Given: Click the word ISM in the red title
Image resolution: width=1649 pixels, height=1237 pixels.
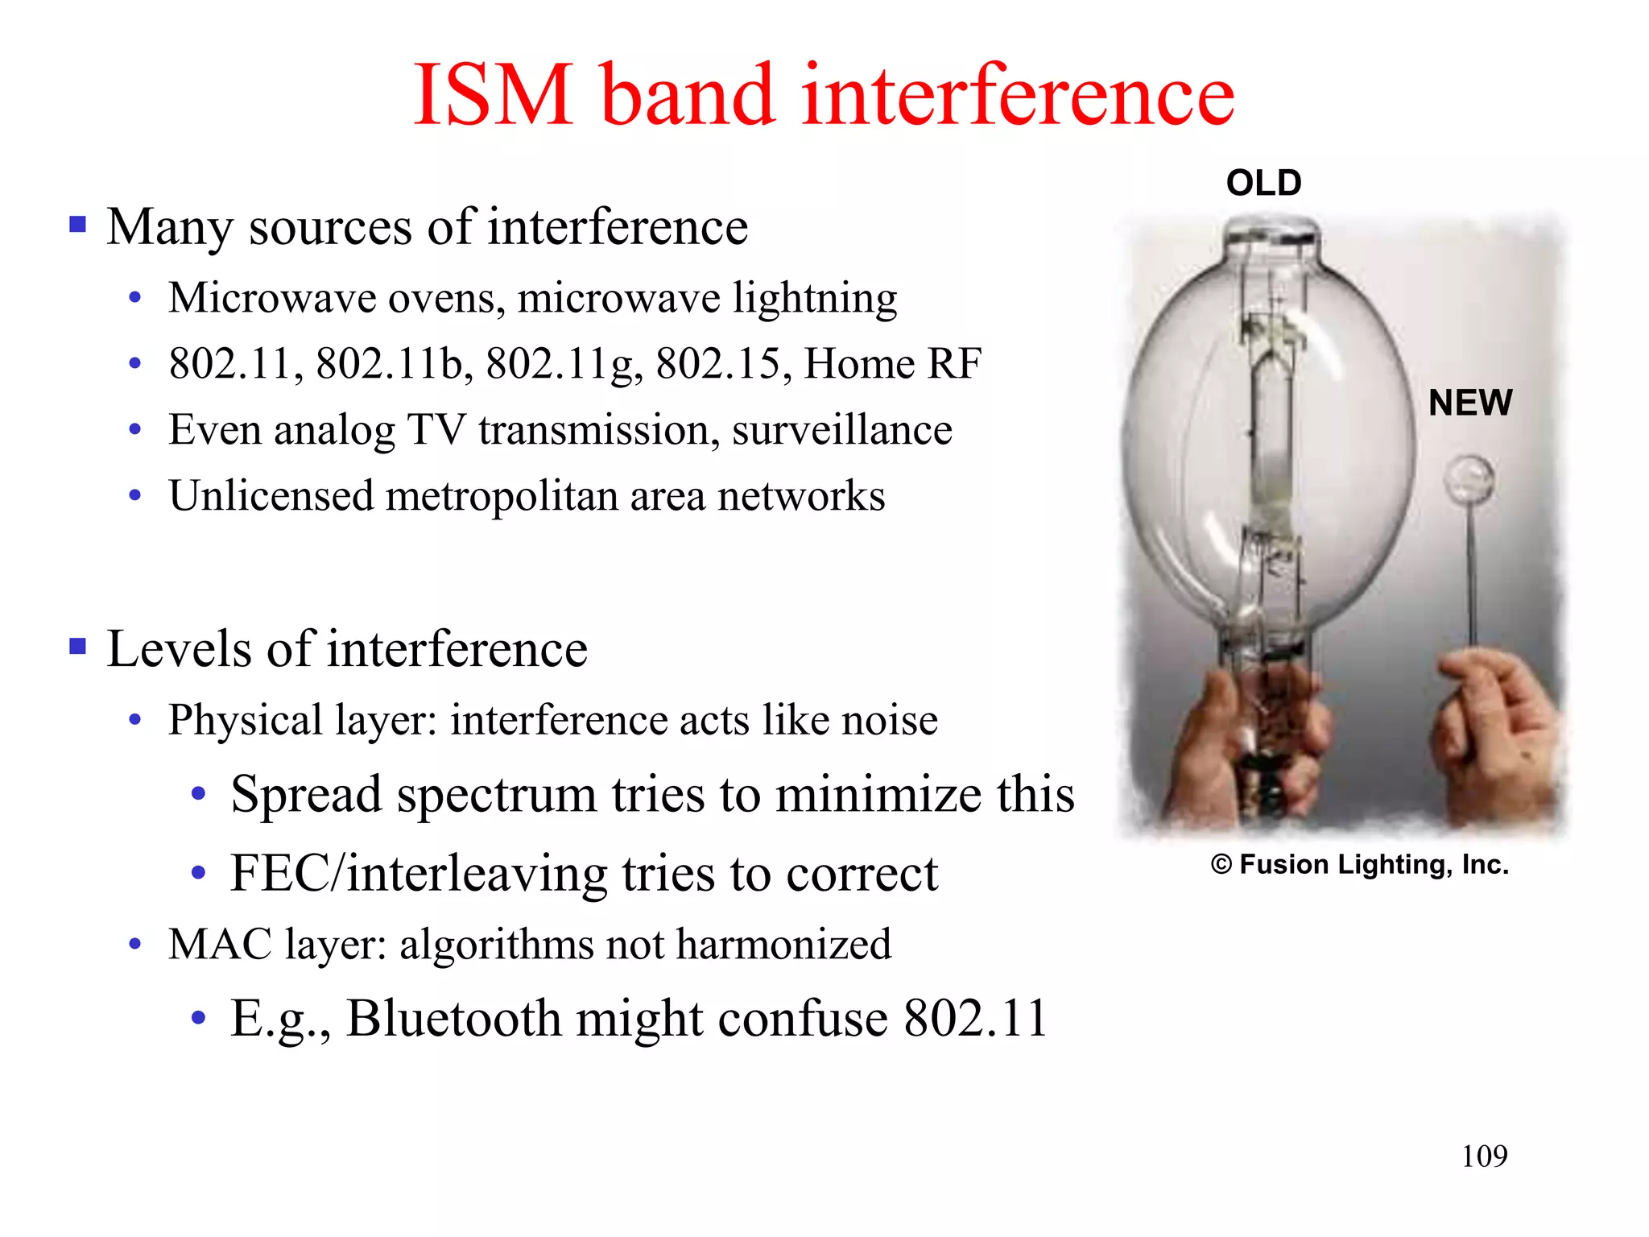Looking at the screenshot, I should pos(493,96).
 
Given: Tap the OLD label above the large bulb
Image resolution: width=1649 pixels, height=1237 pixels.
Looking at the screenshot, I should pos(1263,184).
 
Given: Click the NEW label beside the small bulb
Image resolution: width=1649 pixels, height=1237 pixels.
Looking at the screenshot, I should pos(1470,403).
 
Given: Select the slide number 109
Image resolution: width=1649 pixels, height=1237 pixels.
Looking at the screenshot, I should pos(1484,1156).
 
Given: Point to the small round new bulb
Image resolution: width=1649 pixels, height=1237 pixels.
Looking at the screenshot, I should pos(1469,480).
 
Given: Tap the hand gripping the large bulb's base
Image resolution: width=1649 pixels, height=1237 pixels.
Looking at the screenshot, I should pos(1256,725).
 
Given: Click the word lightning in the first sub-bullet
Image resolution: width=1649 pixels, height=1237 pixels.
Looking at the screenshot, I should pos(814,298).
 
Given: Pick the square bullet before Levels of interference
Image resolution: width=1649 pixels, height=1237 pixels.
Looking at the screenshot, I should pos(78,647).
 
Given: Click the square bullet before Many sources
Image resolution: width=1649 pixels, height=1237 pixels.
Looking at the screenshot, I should pos(78,224).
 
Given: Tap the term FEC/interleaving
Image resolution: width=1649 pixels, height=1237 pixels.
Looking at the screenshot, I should pos(419,874).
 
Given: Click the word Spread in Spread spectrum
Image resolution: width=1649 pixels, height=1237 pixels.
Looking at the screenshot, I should pos(306,795).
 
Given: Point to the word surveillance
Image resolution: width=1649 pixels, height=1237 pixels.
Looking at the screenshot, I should pos(841,430).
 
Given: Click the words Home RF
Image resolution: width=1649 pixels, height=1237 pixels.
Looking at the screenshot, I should pos(892,364).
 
